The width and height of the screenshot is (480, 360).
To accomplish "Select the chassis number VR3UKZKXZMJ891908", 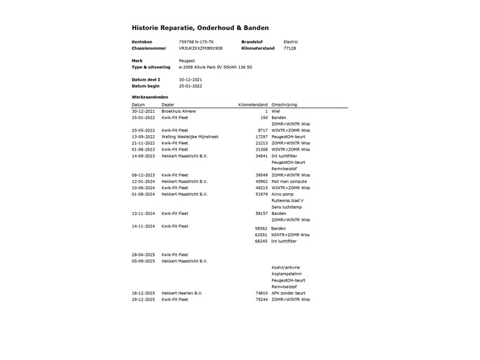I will click(200, 48).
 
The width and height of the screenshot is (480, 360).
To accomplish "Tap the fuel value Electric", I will click(290, 42).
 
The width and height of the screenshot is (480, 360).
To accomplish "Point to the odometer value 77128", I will click(289, 48).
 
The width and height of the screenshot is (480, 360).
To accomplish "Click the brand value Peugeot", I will click(187, 61).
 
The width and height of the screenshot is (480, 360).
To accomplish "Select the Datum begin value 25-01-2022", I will click(191, 86).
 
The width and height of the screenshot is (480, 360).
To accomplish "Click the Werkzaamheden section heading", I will click(150, 97).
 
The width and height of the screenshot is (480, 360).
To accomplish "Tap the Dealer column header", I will click(168, 104).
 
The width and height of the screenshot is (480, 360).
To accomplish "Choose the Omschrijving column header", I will click(284, 104).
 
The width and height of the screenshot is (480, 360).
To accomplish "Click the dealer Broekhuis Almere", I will click(179, 111).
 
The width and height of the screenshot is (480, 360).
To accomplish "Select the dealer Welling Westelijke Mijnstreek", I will click(190, 137).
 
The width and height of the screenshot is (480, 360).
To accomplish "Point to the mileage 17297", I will click(261, 137).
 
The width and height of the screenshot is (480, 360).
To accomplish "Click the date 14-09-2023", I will click(143, 155).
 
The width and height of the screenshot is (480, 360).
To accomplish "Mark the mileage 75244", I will click(261, 299).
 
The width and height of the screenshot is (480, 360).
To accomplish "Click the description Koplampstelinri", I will click(287, 274).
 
